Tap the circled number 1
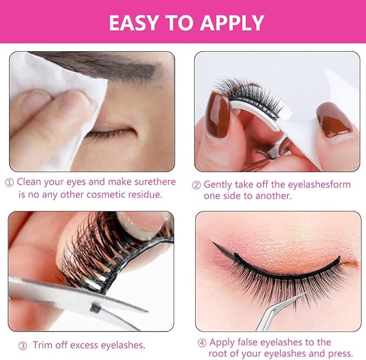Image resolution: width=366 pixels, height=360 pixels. pos(9,183)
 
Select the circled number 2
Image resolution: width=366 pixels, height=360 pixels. pos(196,185)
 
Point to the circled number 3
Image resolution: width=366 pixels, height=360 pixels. pos(23,346)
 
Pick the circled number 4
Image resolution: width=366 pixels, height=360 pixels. pos(202,343)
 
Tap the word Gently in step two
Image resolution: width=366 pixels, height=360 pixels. pos(218,185)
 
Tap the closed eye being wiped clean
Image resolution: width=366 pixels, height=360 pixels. pos(110,133)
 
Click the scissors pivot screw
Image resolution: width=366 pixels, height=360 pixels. pos(95,308)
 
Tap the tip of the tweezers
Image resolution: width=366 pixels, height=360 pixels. pos(306,293)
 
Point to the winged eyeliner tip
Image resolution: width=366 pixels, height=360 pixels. pos(213,243)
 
